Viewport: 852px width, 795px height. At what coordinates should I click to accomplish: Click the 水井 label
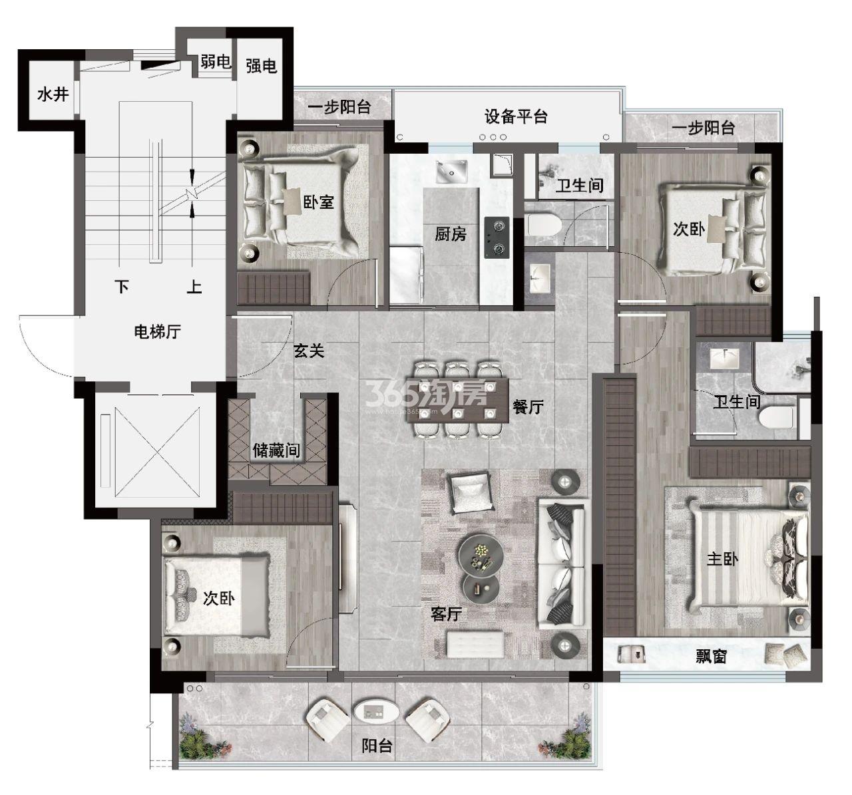53,94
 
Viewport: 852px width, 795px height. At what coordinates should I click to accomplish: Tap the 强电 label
262,66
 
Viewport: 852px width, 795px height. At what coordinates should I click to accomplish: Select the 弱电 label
216,62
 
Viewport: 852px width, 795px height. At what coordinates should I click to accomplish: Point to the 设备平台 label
516,116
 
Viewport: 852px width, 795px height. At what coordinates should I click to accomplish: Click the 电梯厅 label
157,331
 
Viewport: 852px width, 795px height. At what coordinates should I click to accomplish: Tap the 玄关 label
309,351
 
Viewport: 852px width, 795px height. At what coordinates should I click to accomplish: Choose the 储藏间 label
276,450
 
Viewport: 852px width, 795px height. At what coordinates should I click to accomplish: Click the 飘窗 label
711,656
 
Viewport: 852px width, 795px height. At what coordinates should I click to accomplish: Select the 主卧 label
722,559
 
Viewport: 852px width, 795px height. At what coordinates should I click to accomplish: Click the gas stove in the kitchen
497,238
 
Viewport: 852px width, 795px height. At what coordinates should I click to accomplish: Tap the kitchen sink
451,172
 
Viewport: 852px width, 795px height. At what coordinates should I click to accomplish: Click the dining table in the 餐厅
458,400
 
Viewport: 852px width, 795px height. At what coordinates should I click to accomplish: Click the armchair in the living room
469,492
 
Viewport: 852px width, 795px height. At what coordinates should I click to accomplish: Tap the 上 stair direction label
194,287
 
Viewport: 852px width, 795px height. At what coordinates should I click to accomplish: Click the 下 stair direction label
122,287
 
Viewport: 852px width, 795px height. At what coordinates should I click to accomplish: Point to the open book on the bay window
632,655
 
